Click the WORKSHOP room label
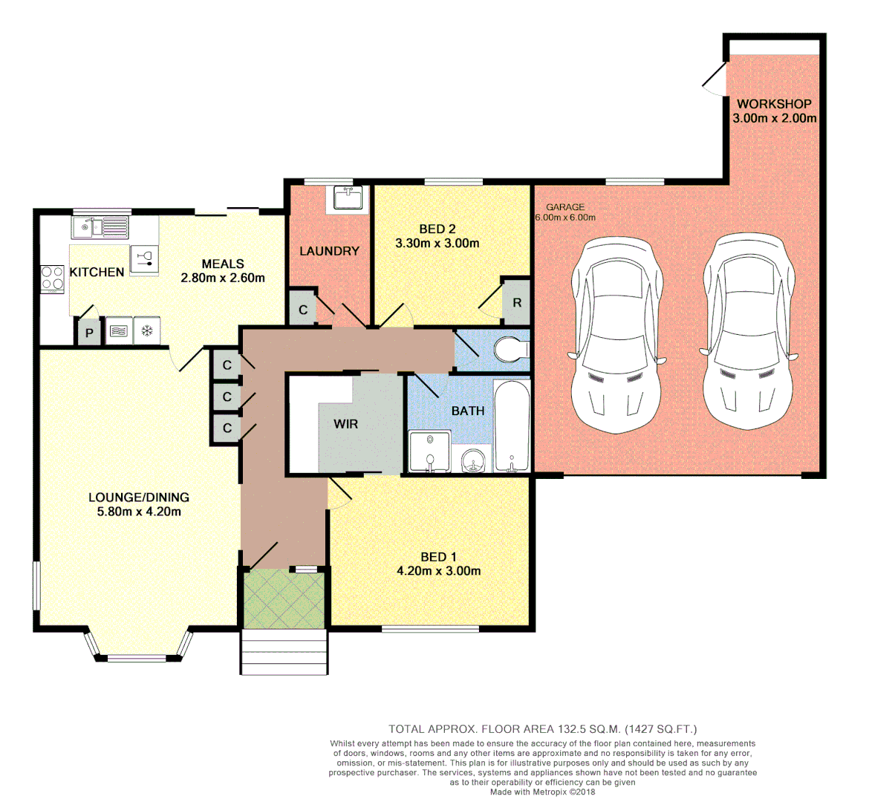click(x=774, y=104)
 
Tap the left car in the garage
click(x=616, y=334)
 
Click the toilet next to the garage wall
click(x=511, y=349)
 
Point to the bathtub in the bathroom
click(x=512, y=427)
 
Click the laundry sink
click(x=348, y=198)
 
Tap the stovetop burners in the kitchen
click(x=53, y=279)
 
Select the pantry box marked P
click(x=88, y=333)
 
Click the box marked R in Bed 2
click(x=517, y=303)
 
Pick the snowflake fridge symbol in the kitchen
click(x=147, y=331)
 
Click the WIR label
click(x=346, y=424)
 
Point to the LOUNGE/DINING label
click(x=139, y=497)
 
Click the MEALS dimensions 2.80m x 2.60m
click(x=223, y=278)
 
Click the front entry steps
click(x=284, y=653)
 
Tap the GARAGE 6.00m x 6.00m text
click(x=565, y=212)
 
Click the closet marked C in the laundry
click(x=303, y=310)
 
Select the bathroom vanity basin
click(x=472, y=463)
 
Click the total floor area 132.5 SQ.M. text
click(x=542, y=729)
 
